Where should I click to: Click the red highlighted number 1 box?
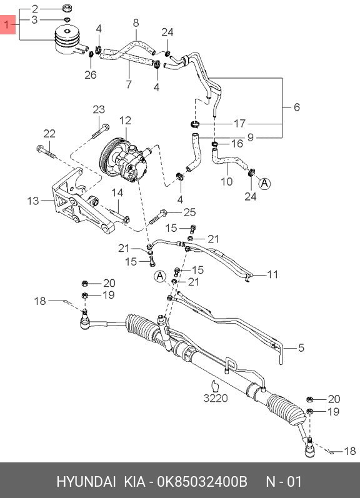tap(8, 24)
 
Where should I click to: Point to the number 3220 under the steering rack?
tap(216, 398)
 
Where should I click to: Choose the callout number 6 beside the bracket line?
tap(296, 107)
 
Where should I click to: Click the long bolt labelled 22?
tap(46, 152)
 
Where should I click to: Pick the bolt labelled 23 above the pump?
tap(101, 131)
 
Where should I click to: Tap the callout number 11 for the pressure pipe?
tap(272, 274)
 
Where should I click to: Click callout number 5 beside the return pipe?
tap(301, 348)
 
